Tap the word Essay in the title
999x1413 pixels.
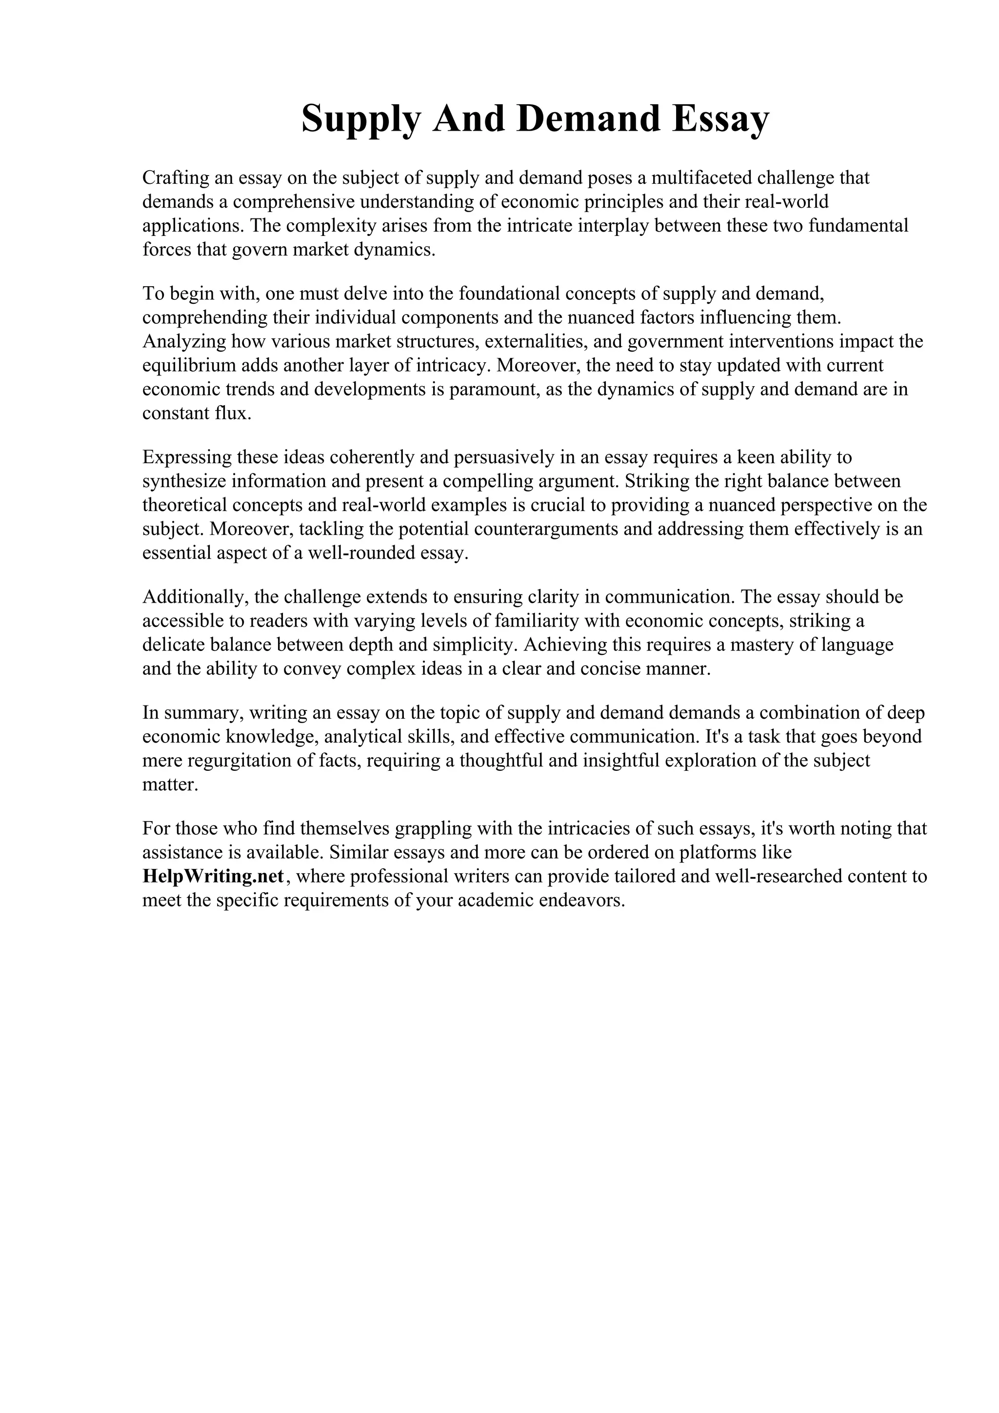(720, 119)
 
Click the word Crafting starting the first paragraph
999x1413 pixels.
(176, 178)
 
